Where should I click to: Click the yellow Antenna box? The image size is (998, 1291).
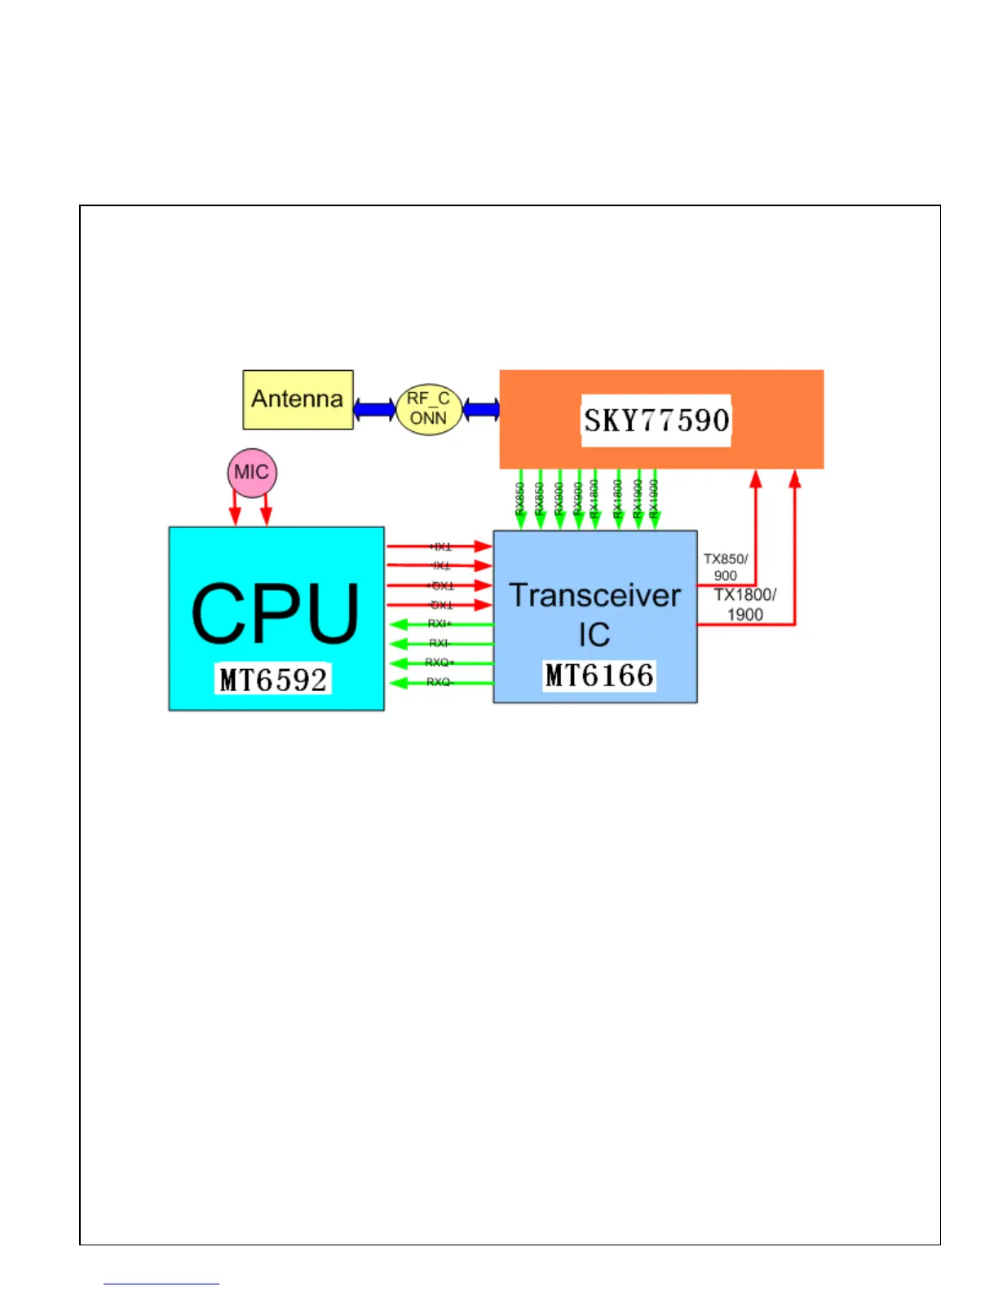pos(298,399)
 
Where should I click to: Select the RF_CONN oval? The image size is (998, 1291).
pos(429,409)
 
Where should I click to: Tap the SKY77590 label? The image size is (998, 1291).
pos(656,421)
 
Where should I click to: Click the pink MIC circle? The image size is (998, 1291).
pos(252,473)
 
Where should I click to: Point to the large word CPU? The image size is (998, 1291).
pos(275,614)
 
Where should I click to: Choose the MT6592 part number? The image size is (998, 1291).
pos(274,680)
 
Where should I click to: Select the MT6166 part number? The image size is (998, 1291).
pos(599,676)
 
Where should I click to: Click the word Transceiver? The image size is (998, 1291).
pos(594,596)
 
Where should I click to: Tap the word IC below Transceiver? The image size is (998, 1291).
pos(594,635)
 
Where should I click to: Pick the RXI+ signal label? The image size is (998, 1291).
pos(439,623)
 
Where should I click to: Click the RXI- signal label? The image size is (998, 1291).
pos(439,643)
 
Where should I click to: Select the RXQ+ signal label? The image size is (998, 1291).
pos(439,663)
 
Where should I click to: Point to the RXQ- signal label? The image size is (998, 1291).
pos(439,682)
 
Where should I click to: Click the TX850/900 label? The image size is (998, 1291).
pos(726,566)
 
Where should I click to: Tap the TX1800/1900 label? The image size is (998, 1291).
pos(745,604)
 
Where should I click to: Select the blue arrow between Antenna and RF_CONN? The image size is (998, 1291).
pos(374,409)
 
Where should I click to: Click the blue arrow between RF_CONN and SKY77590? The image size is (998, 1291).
pos(481,409)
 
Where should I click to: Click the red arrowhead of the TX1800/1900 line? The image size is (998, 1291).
pos(795,479)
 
